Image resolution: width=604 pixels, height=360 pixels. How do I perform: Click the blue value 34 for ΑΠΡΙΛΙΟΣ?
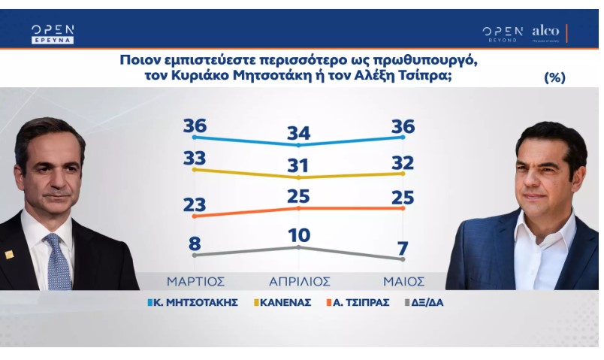tap(298, 133)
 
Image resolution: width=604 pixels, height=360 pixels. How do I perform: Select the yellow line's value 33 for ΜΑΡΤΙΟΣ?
tap(195, 158)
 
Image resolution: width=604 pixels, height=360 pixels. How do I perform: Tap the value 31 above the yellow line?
tap(298, 166)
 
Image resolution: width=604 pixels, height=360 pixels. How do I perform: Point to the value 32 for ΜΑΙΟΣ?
tap(403, 163)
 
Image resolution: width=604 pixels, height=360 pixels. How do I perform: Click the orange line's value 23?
tap(195, 204)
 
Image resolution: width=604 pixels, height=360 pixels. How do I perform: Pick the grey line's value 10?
tap(299, 235)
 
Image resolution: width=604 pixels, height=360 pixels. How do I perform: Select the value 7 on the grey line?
tap(403, 248)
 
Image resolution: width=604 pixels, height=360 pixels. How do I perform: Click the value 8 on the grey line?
tap(195, 244)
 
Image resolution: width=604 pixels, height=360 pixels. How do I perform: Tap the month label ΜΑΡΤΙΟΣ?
tap(195, 281)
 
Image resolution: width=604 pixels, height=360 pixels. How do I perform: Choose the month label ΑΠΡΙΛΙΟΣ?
tap(300, 281)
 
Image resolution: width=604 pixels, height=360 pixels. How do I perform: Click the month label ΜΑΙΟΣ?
tap(403, 281)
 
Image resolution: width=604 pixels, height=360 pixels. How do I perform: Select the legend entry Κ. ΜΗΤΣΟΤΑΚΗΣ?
tap(192, 303)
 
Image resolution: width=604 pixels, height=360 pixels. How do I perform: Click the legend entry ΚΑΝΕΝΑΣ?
tap(282, 303)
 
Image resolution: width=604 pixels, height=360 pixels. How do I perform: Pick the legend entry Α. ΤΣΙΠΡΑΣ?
tap(358, 303)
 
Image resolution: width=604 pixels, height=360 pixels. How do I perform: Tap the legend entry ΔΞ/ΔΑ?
tap(424, 303)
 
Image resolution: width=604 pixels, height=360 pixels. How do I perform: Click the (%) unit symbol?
tap(554, 77)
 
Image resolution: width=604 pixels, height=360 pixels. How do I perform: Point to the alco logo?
tap(545, 32)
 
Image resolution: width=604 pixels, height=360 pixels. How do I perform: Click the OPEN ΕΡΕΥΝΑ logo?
tap(53, 35)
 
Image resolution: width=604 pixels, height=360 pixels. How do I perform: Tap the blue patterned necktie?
tap(58, 262)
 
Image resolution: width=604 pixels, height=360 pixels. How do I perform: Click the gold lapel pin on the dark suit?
tap(9, 254)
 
